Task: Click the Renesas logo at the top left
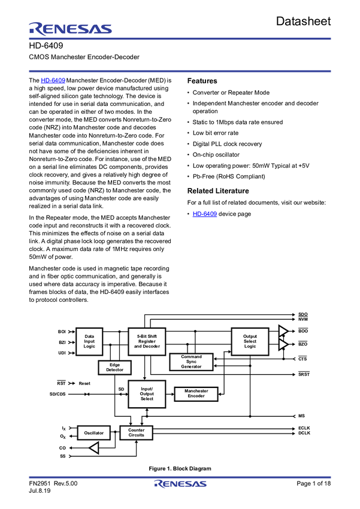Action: [70, 29]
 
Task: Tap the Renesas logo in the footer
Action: [180, 484]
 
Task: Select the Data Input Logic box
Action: [89, 341]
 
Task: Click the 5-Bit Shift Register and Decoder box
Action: [147, 341]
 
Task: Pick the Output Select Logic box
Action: [250, 341]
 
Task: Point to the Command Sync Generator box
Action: [191, 362]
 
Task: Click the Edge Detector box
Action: [115, 368]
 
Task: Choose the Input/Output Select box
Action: [147, 394]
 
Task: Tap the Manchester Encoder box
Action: [196, 393]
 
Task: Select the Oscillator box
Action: [93, 432]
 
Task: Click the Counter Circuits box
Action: [136, 432]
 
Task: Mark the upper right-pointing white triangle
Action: [283, 331]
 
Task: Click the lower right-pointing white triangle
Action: [283, 344]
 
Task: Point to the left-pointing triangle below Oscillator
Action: [94, 448]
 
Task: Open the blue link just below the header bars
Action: [53, 81]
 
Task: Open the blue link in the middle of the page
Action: [205, 214]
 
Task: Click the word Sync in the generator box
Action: [191, 362]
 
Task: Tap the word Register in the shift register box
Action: [147, 341]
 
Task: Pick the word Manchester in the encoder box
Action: [196, 391]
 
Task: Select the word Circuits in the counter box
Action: [136, 435]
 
